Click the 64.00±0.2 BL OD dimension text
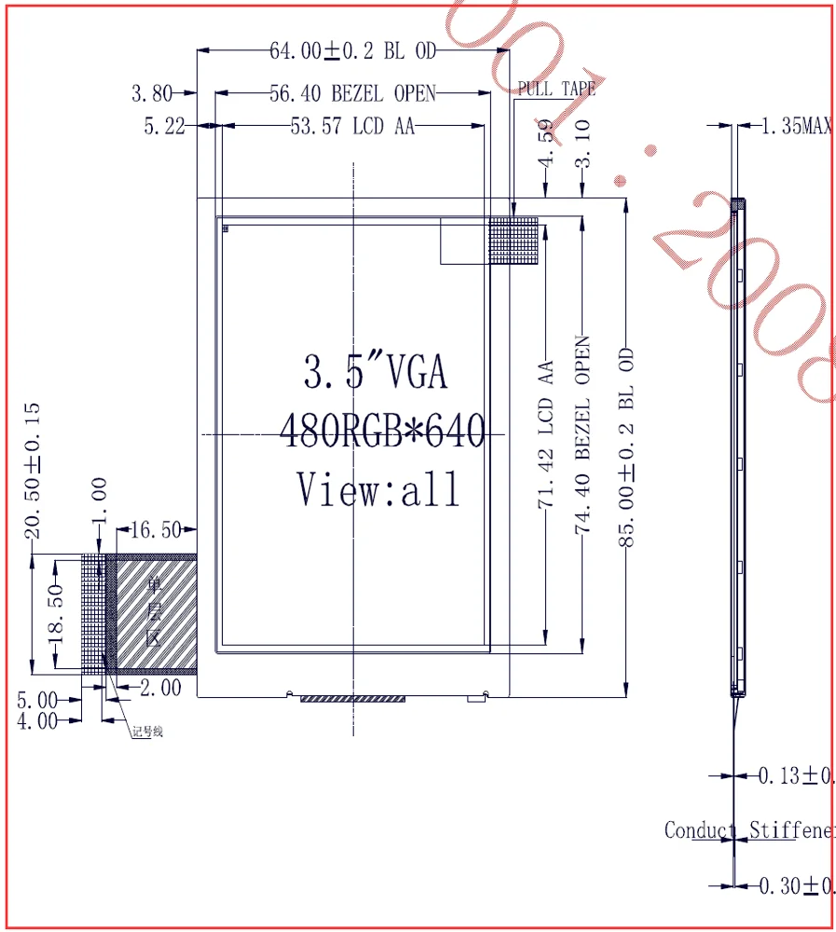click(x=352, y=51)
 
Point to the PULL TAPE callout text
click(x=556, y=89)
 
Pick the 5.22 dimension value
click(x=164, y=126)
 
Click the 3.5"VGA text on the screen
click(x=376, y=371)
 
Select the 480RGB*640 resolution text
click(x=382, y=431)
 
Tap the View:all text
click(x=378, y=488)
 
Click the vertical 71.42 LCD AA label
click(x=546, y=436)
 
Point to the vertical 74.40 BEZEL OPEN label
click(x=583, y=434)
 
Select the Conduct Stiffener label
click(x=748, y=829)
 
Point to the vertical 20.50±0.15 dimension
click(x=34, y=471)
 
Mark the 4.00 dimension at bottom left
click(x=37, y=720)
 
